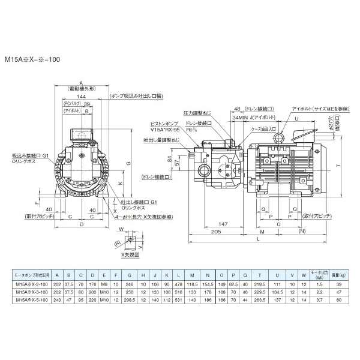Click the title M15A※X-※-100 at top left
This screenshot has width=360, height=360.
(33, 60)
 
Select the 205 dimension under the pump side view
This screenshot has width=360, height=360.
(217, 230)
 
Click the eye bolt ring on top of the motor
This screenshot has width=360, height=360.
(279, 139)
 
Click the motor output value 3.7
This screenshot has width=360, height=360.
(321, 299)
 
